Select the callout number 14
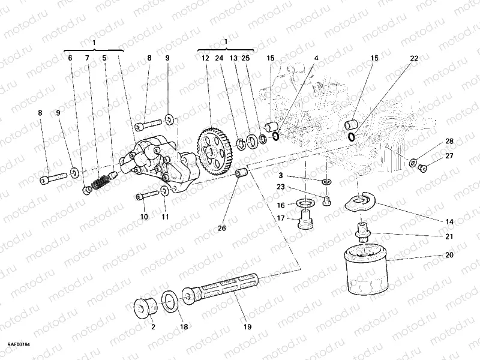[x=449, y=221]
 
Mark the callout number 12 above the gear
[x=205, y=58]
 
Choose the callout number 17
[x=280, y=218]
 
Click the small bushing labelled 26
[x=243, y=175]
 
